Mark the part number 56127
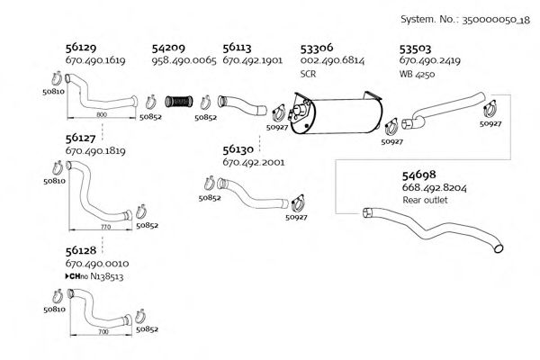(81, 139)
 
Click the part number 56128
(81, 250)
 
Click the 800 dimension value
(101, 116)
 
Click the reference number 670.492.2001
(253, 163)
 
